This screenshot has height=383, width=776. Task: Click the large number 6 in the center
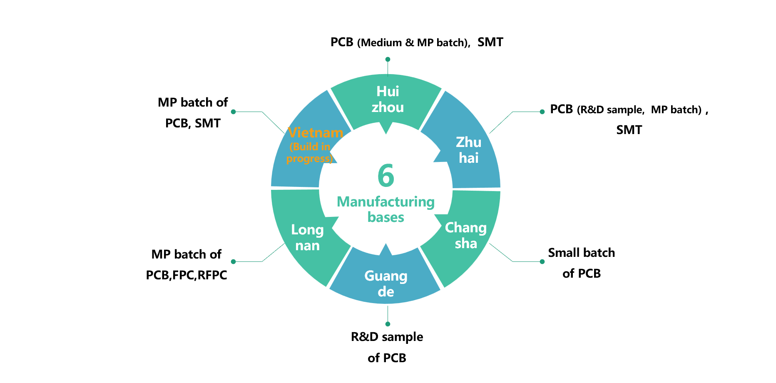386,176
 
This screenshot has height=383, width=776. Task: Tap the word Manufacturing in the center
386,202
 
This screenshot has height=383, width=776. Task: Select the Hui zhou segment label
388,99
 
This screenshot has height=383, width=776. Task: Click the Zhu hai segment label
469,150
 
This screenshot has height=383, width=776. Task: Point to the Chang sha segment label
466,235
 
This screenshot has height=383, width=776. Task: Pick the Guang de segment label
386,284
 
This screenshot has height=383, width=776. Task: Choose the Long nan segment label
307,237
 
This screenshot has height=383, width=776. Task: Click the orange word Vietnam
316,133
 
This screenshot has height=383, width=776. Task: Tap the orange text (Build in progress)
310,153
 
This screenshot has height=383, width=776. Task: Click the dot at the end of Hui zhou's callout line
388,60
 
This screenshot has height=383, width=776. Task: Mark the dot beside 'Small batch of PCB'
542,262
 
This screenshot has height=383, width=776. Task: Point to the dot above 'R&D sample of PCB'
388,324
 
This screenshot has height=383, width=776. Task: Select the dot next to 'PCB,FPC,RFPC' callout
234,262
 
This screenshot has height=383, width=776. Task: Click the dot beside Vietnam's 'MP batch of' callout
234,112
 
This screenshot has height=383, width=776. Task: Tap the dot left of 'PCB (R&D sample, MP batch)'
542,112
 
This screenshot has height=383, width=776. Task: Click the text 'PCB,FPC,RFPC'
187,275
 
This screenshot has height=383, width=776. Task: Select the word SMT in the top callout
490,42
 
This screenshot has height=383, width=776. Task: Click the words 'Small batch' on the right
581,253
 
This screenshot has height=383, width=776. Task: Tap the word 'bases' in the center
386,217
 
